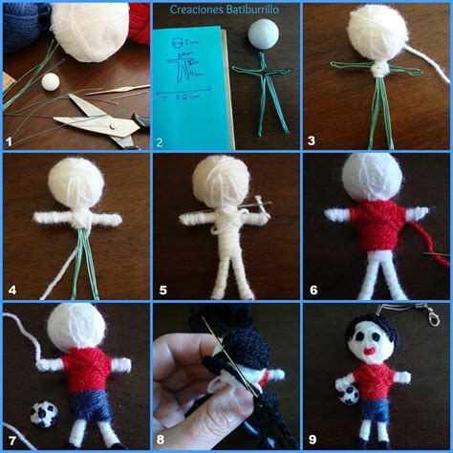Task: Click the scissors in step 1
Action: click(96, 124)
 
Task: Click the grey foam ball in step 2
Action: click(260, 36)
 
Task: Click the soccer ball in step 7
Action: click(43, 413)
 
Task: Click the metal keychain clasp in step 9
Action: click(430, 314)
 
